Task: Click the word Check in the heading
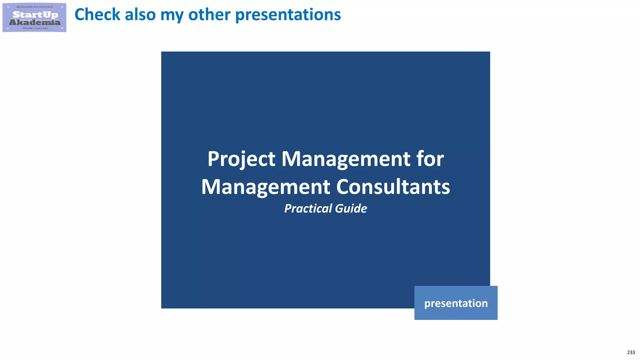(x=97, y=15)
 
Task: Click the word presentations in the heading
(x=288, y=15)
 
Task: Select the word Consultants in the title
(x=393, y=187)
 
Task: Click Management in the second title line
(x=266, y=187)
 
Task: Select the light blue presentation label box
(x=456, y=303)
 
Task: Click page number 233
(x=631, y=352)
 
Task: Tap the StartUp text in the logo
(x=35, y=14)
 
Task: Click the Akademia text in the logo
(x=35, y=22)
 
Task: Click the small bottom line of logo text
(x=35, y=28)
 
